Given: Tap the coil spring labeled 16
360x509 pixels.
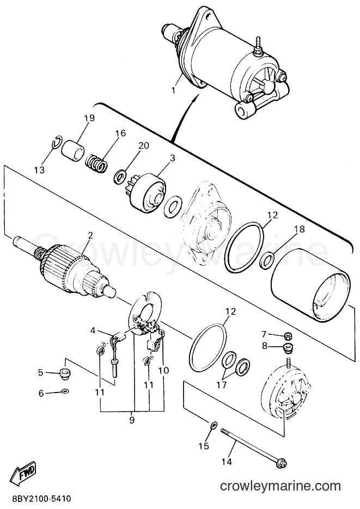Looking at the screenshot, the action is tap(97, 162).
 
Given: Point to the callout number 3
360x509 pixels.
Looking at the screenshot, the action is tap(172, 158).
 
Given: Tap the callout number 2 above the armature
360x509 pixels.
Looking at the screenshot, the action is tap(90, 235).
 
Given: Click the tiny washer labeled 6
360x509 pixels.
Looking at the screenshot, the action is tap(65, 391).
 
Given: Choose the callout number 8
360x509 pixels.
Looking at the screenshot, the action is tap(265, 346).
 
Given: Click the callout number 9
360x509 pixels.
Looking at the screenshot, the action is tap(131, 420).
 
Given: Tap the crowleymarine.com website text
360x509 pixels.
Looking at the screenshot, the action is tap(280, 486).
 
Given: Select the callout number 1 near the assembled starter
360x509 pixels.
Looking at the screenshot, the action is tap(174, 90).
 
